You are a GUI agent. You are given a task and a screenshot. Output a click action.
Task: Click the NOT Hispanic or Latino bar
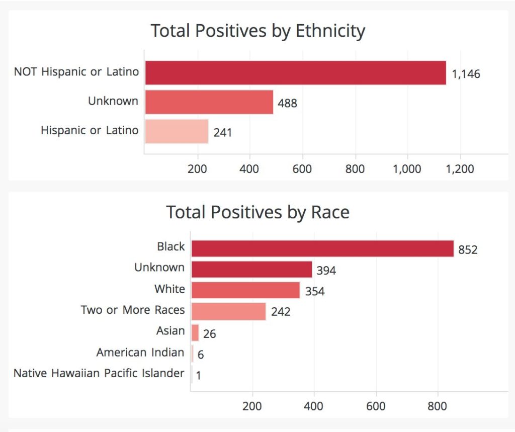[295, 72]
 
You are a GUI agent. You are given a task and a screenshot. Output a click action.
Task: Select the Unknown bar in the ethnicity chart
[209, 102]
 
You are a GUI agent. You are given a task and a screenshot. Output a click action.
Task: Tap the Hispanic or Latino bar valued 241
[177, 131]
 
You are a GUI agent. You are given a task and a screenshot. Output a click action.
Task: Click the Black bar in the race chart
[322, 248]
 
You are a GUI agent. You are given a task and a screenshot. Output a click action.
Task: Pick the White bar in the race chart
[245, 290]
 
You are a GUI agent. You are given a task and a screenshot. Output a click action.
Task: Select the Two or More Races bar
[228, 311]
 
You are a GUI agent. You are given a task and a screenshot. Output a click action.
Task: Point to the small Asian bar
[195, 332]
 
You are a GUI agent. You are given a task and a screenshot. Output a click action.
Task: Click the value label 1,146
[466, 74]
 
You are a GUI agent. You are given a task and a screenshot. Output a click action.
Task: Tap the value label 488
[287, 104]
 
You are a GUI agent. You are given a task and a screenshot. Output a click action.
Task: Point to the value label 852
[467, 249]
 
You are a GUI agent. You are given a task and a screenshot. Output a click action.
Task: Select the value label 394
[326, 271]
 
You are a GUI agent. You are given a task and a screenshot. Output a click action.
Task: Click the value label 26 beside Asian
[210, 333]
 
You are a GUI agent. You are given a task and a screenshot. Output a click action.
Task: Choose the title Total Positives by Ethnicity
[257, 31]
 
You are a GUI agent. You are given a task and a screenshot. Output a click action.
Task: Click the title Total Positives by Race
[257, 212]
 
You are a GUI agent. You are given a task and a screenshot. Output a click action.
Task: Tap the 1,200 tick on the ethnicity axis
[460, 169]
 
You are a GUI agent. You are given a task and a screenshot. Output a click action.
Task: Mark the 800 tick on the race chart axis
[438, 406]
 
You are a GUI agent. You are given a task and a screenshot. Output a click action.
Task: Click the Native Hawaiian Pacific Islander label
[99, 373]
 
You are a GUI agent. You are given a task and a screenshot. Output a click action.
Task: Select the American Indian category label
[140, 353]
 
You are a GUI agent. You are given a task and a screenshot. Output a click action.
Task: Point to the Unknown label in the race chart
[159, 268]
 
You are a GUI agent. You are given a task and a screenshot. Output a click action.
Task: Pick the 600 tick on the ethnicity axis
[302, 169]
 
